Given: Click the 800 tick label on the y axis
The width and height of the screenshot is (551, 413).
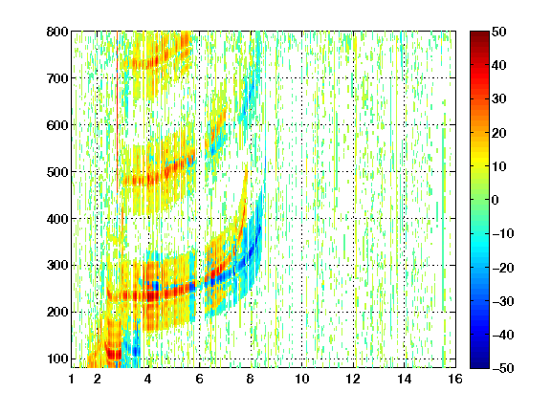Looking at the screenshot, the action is tap(57, 32).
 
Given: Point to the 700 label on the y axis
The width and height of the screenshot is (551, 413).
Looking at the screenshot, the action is tap(57, 78).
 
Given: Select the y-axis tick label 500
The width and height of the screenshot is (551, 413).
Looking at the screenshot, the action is tap(57, 172).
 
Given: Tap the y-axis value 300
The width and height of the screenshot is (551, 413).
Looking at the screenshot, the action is tap(57, 266).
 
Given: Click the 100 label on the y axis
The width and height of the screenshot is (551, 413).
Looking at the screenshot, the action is tap(57, 359).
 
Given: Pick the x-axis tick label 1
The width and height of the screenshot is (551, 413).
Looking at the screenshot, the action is tap(72, 379).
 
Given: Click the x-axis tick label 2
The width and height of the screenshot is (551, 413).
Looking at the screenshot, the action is tap(97, 379).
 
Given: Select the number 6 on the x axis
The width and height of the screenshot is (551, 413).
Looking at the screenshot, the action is tap(199, 379).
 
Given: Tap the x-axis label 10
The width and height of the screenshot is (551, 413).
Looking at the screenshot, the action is tap(301, 379).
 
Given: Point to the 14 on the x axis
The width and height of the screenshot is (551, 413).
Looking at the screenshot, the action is tap(404, 379).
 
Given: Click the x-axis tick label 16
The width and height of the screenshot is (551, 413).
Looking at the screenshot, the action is tap(455, 379).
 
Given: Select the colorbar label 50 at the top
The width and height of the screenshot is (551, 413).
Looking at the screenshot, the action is tap(499, 32).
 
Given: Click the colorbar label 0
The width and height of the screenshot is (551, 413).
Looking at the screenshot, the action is tap(496, 200).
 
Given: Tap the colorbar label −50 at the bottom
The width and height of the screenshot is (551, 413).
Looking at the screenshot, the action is tap(503, 368).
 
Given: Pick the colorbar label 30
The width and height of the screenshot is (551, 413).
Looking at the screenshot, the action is tap(499, 99).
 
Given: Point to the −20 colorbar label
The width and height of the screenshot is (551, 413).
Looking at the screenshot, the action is tap(503, 268).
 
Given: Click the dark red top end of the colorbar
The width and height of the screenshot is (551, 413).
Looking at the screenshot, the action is tap(479, 34).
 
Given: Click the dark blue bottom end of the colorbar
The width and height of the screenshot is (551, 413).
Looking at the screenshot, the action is tap(479, 365).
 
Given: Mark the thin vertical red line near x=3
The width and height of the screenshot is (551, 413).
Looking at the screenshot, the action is tap(117, 113).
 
